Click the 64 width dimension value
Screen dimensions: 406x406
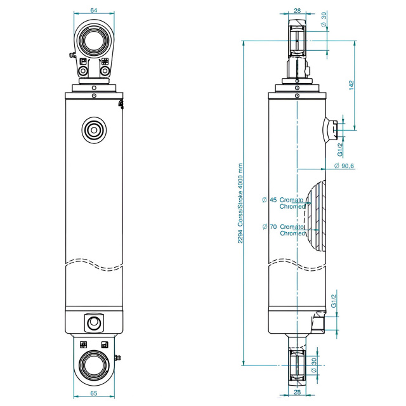(x=94, y=10)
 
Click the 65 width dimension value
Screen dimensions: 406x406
(x=94, y=393)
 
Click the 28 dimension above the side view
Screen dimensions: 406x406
(x=298, y=10)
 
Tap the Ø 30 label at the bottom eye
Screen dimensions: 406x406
(x=314, y=364)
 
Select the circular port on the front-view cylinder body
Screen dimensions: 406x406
(x=94, y=130)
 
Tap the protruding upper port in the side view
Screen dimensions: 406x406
(x=329, y=129)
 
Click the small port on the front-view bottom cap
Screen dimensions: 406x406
(x=94, y=323)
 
